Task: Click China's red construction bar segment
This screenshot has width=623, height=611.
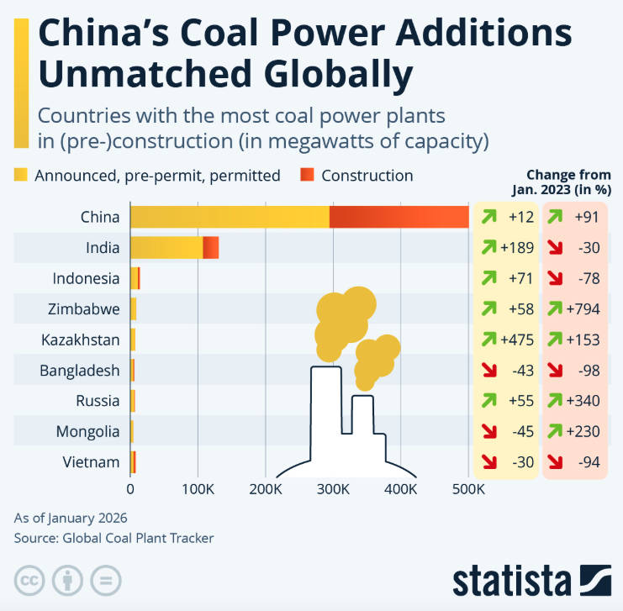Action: coord(399,217)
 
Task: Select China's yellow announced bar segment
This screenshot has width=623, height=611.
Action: coord(230,217)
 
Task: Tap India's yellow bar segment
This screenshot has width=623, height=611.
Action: coord(166,248)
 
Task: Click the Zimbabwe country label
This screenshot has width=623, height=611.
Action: coord(84,309)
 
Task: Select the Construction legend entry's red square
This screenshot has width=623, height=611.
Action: coord(307,176)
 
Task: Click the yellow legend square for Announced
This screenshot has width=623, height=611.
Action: coord(21,176)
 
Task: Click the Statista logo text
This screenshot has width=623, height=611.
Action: coord(513,581)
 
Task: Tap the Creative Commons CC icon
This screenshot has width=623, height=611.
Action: coord(29,581)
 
